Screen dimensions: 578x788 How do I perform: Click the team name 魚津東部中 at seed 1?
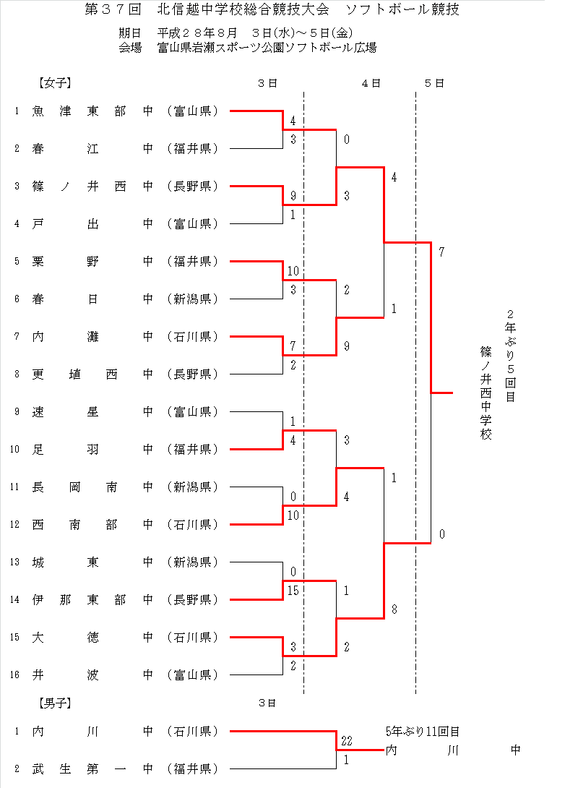tap(92, 111)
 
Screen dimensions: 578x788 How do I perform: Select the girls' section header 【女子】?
tap(55, 83)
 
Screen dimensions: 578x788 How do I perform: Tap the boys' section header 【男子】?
tap(55, 703)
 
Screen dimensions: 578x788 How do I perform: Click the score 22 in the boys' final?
tap(347, 741)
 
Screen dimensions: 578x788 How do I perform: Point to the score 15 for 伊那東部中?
tap(293, 591)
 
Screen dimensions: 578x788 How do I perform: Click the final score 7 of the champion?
tap(441, 252)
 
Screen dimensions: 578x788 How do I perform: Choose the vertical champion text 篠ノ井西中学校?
tap(486, 393)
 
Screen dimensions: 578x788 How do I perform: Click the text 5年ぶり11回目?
tap(423, 731)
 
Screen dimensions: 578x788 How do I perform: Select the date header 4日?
tap(371, 83)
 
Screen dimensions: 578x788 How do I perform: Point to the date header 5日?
tap(434, 83)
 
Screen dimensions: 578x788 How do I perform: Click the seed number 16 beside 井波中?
tap(14, 675)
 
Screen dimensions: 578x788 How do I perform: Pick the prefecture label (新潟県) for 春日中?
tap(193, 299)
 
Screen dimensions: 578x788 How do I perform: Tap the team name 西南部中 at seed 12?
tap(92, 525)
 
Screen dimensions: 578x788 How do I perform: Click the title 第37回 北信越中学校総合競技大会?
tap(207, 9)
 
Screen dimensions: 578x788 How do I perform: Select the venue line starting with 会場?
tap(248, 48)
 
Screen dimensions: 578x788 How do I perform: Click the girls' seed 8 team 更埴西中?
tap(92, 374)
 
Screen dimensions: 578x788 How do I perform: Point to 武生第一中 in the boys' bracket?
tap(92, 769)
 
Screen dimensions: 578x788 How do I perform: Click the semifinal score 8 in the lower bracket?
tap(394, 609)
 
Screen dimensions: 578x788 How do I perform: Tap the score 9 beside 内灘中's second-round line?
tap(347, 346)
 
